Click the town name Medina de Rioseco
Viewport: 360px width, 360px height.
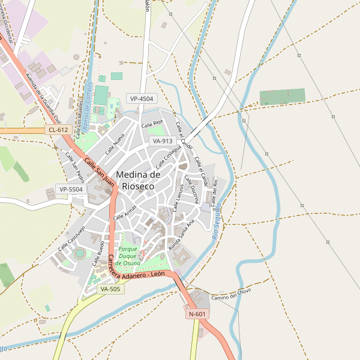138,180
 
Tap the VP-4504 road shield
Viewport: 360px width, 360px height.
142,98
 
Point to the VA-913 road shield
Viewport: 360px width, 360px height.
163,141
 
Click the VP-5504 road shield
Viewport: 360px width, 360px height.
71,189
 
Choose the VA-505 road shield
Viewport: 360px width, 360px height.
110,289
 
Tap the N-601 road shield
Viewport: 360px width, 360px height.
197,314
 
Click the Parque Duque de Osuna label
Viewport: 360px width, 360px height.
128,256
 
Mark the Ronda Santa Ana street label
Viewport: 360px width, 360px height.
182,235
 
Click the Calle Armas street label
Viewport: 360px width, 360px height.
125,212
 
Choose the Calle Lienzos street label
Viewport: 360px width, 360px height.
178,198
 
